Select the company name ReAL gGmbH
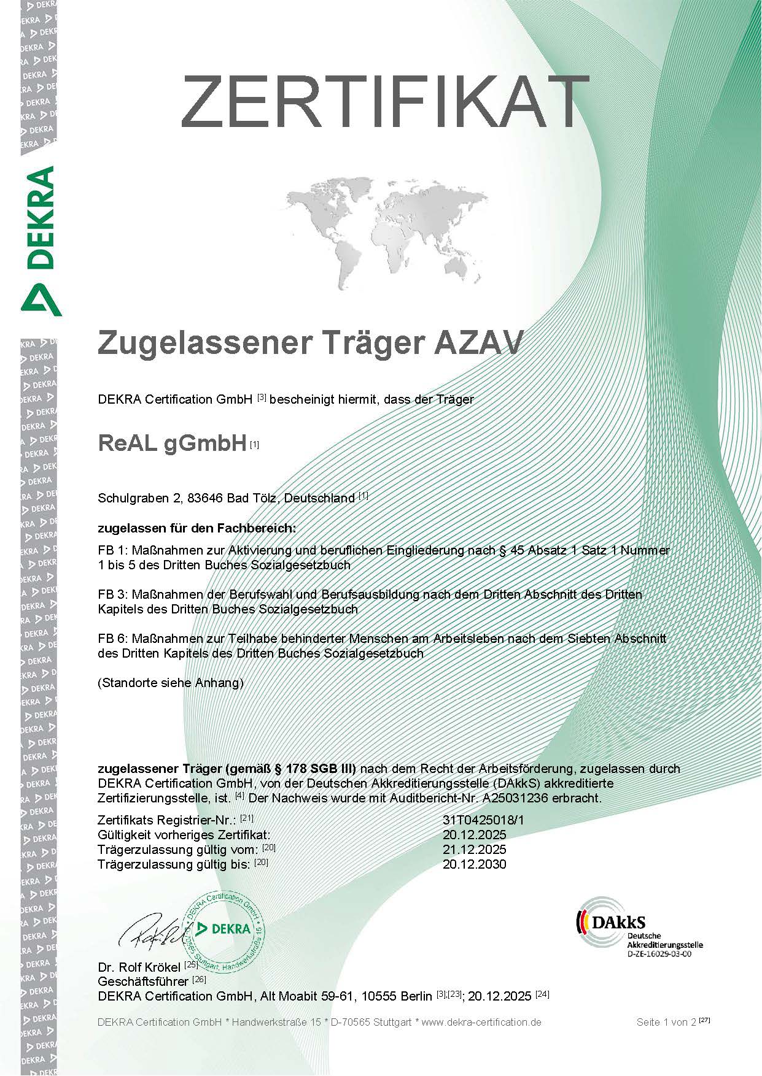click(x=172, y=444)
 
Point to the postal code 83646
click(x=205, y=498)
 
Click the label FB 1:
click(x=112, y=550)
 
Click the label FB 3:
click(x=112, y=594)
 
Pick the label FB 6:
click(x=112, y=639)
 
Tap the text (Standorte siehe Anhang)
click(x=171, y=683)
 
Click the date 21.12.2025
click(x=474, y=850)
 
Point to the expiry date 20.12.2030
click(x=474, y=864)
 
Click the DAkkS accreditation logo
click(x=639, y=929)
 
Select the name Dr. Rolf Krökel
click(x=140, y=967)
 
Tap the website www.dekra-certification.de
click(x=481, y=1022)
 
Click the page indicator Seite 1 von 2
click(x=667, y=1022)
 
